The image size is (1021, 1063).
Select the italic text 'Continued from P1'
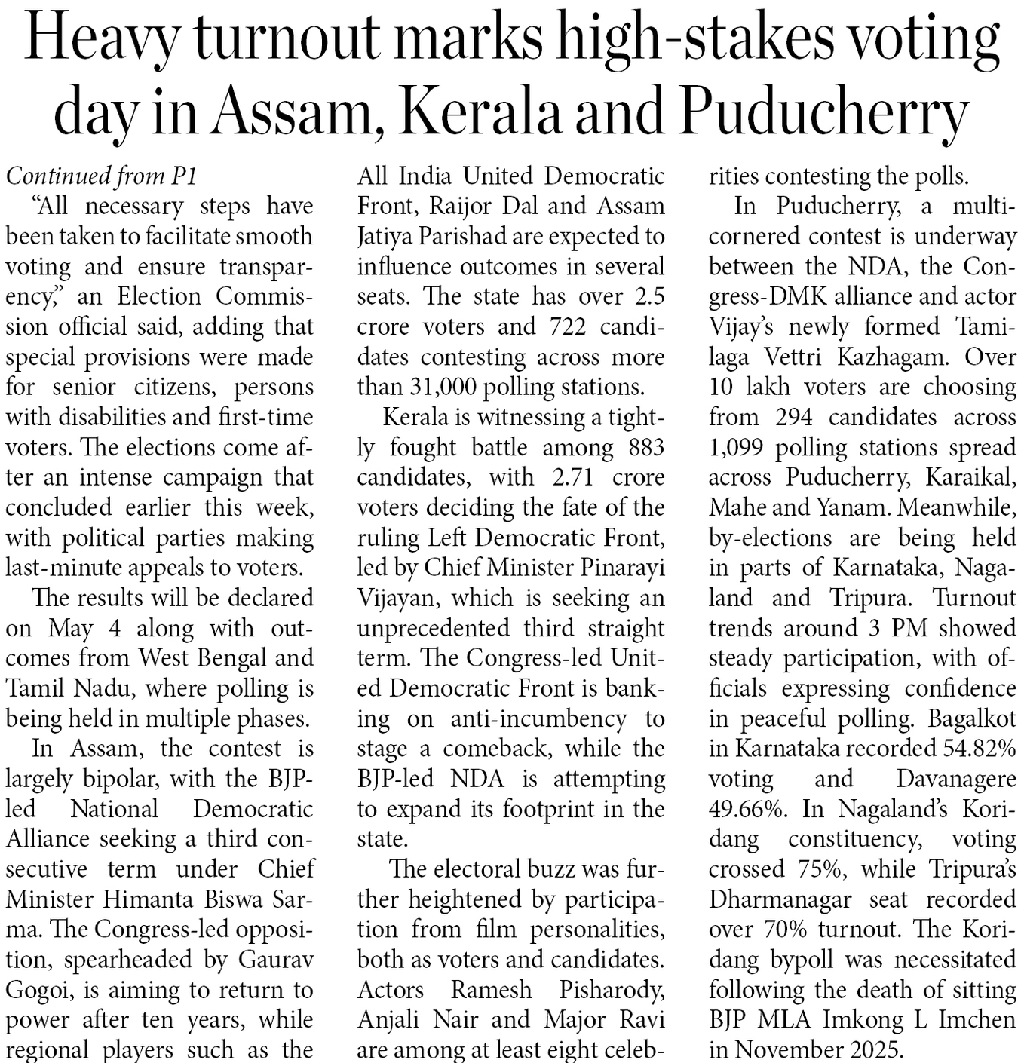click(x=102, y=176)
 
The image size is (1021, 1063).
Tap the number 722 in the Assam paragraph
click(x=560, y=326)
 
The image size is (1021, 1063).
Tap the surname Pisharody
click(x=612, y=989)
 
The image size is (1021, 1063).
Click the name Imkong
click(x=863, y=1019)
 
